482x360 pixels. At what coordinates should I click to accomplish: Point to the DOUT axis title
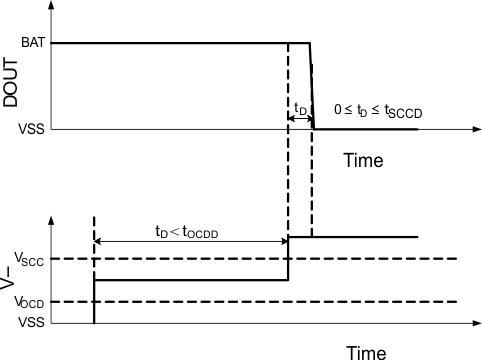13,87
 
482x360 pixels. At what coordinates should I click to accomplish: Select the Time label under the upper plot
364,159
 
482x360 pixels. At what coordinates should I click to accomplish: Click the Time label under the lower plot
366,351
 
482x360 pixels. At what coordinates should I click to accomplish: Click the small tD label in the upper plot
300,106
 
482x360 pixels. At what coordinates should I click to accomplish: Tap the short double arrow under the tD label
300,119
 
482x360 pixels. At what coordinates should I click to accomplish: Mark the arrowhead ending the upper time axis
470,129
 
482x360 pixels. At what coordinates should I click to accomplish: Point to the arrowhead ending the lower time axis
470,322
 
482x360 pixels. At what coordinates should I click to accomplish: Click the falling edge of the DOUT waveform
312,86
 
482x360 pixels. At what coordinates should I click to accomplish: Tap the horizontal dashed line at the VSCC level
380,259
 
